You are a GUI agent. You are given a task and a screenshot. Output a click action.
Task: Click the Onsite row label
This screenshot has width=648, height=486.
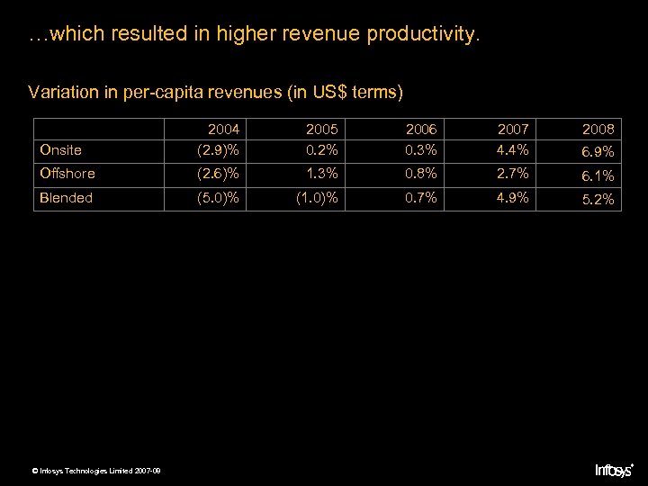[60, 150]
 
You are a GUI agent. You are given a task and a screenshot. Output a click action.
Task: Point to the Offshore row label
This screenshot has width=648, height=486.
[66, 173]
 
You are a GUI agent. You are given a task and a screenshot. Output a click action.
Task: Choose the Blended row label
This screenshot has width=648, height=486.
[65, 198]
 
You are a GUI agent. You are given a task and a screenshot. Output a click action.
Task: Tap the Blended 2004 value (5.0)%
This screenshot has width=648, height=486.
[220, 198]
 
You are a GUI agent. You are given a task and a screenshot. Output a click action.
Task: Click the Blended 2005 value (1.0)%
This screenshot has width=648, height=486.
[319, 198]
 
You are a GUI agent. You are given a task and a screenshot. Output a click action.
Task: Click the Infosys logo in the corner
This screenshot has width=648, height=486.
[614, 469]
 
